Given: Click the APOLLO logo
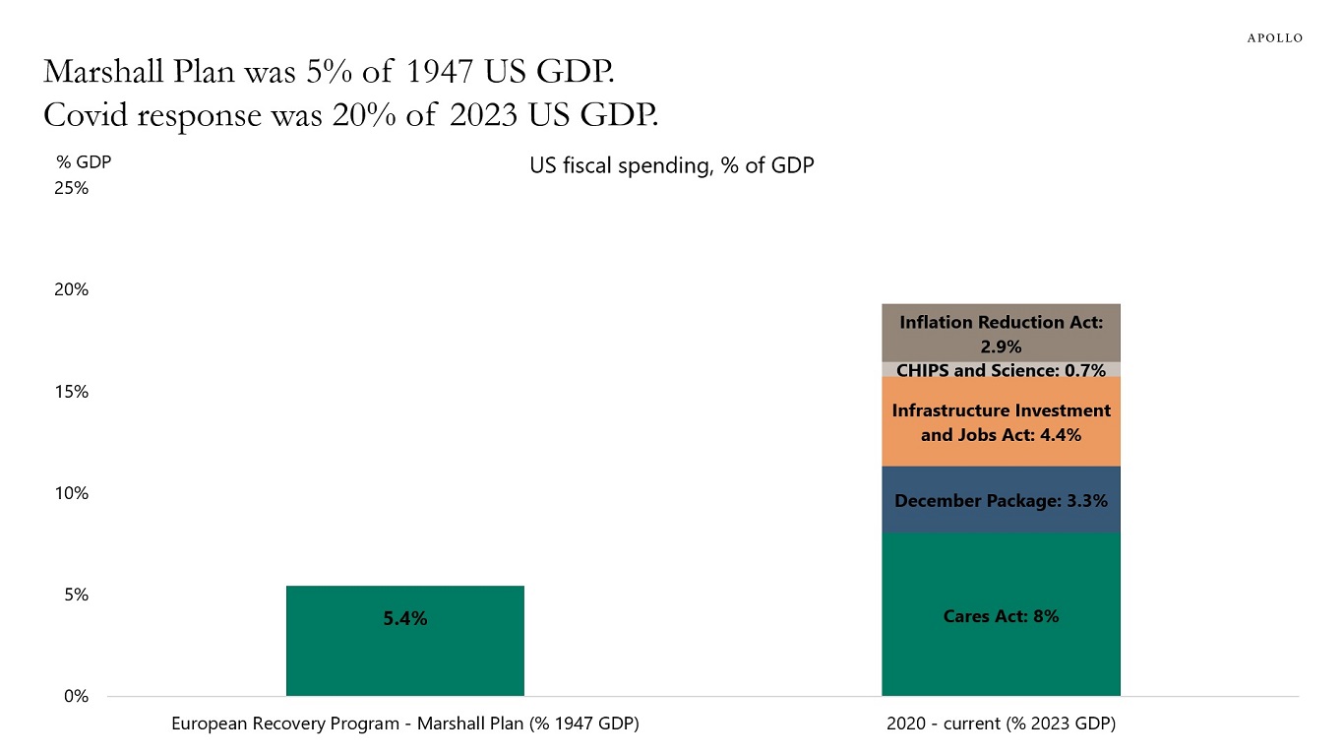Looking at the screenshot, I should pos(1274,37).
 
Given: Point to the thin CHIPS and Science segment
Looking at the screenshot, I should pos(1001,370).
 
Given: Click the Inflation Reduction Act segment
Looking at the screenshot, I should pos(1001,333).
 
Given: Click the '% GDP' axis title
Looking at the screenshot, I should pos(84,163).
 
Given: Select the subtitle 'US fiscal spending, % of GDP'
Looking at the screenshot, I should pos(672,165).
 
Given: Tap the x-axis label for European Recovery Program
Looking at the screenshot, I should pos(404,724).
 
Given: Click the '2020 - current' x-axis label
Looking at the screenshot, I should pos(1001,724).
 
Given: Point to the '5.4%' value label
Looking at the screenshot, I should pos(404,619).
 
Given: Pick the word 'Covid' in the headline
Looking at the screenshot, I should pos(86,115).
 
